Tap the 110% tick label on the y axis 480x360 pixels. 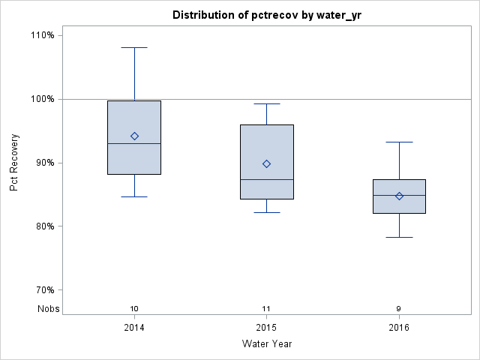(42, 35)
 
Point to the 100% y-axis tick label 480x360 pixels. (42, 99)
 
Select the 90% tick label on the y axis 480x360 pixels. (43, 163)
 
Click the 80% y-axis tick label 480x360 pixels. (43, 226)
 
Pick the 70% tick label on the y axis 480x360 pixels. (43, 290)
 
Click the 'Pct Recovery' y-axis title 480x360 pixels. (14, 163)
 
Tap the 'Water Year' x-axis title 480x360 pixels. (266, 344)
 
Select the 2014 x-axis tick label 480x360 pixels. (134, 328)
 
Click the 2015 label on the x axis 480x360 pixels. (266, 328)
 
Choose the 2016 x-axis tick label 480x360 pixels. (399, 328)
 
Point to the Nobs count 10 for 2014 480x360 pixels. (134, 308)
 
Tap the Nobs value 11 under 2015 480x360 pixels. (266, 308)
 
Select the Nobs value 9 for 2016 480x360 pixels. (399, 308)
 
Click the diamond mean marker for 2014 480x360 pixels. (134, 136)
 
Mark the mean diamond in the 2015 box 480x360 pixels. (266, 163)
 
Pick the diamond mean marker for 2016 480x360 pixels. (399, 196)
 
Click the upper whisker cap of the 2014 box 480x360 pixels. (134, 47)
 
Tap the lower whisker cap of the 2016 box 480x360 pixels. (399, 237)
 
